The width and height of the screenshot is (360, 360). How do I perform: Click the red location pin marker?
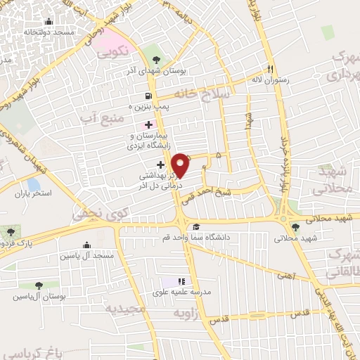pos(181,166)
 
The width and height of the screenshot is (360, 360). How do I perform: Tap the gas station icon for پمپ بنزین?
pos(148,96)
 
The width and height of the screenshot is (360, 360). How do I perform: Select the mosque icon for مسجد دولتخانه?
pos(47,22)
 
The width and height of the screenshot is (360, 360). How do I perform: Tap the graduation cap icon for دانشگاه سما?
pos(196,226)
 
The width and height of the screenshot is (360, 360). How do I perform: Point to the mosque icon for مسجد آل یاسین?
pos(86,245)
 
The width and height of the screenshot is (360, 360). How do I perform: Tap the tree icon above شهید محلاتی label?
pos(295,226)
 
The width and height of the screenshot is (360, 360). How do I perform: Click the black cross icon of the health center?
pos(160,164)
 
